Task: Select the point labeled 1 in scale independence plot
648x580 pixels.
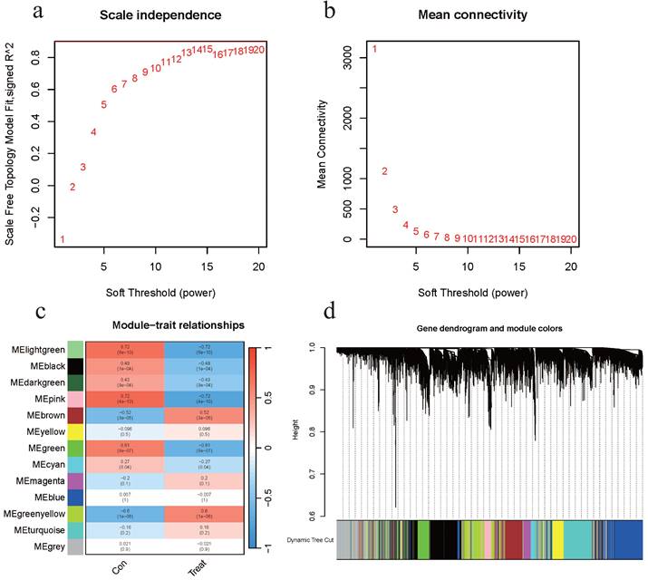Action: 63,239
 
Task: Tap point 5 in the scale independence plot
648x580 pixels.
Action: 104,105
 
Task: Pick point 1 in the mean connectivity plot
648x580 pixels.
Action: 374,49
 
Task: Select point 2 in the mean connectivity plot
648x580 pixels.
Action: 384,171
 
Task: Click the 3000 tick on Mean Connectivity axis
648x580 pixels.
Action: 353,56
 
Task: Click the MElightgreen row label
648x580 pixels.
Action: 37,350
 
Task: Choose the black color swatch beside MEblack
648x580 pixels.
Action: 75,366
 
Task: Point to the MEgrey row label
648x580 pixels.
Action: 49,547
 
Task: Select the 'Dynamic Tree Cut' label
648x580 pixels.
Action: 305,538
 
